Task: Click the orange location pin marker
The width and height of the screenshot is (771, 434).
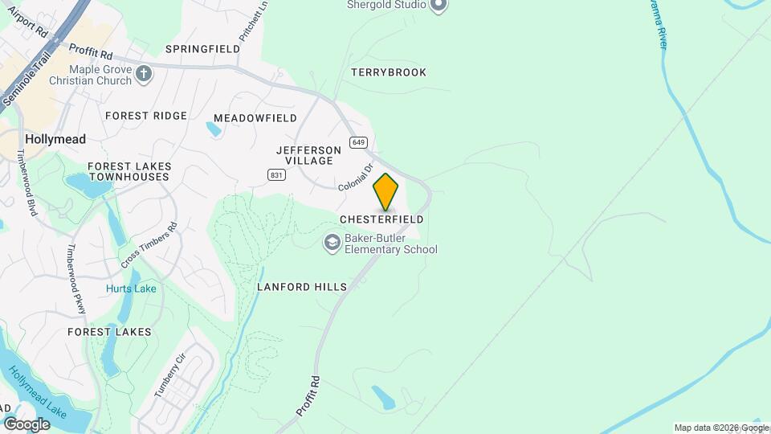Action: [386, 191]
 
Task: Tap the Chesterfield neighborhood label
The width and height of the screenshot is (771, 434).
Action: [381, 219]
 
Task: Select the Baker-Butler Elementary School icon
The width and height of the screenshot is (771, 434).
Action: [332, 243]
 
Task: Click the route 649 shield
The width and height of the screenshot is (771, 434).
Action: [357, 143]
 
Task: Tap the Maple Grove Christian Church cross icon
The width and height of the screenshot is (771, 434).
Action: [144, 75]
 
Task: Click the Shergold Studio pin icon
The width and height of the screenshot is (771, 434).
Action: [438, 6]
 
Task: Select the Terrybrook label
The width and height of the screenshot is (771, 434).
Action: [389, 72]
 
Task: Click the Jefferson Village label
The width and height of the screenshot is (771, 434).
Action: [304, 155]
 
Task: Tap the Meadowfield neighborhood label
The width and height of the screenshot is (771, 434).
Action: [255, 118]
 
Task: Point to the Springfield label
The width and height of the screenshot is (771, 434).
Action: [202, 49]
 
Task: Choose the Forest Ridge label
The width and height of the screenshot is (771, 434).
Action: [145, 116]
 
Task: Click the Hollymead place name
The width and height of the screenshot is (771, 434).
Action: [55, 139]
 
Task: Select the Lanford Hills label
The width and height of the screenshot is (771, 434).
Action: [302, 287]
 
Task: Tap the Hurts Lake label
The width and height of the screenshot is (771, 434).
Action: [131, 289]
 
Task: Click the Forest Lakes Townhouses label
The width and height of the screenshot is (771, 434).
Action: [129, 171]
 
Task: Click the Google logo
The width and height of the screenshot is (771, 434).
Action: [27, 424]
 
